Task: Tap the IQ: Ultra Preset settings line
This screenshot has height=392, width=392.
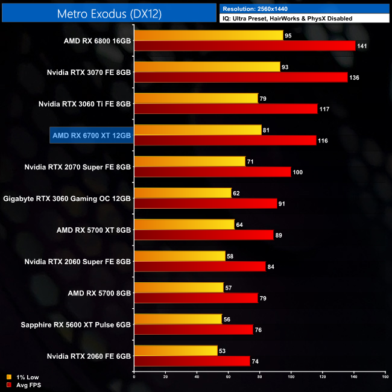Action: pyautogui.click(x=287, y=19)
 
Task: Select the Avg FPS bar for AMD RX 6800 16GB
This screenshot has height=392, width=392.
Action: pyautogui.click(x=244, y=46)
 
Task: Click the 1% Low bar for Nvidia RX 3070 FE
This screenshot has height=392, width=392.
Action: pyautogui.click(x=207, y=67)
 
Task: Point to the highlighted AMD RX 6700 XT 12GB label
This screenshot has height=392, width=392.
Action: pyautogui.click(x=91, y=135)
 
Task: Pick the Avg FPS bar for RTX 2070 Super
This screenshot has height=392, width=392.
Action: pyautogui.click(x=212, y=171)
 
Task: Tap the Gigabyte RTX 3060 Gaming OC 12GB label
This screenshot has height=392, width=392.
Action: pyautogui.click(x=67, y=198)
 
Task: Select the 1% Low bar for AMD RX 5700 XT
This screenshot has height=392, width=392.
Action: pyautogui.click(x=184, y=224)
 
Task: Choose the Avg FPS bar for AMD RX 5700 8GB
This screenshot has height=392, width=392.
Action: pyautogui.click(x=196, y=297)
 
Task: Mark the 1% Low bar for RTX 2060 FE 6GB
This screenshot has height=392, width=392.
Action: pyautogui.click(x=175, y=350)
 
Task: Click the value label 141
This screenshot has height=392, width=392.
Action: pyautogui.click(x=363, y=46)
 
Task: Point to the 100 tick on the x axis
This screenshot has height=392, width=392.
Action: pyautogui.click(x=291, y=377)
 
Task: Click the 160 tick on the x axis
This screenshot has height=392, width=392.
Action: pyautogui.click(x=385, y=377)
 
